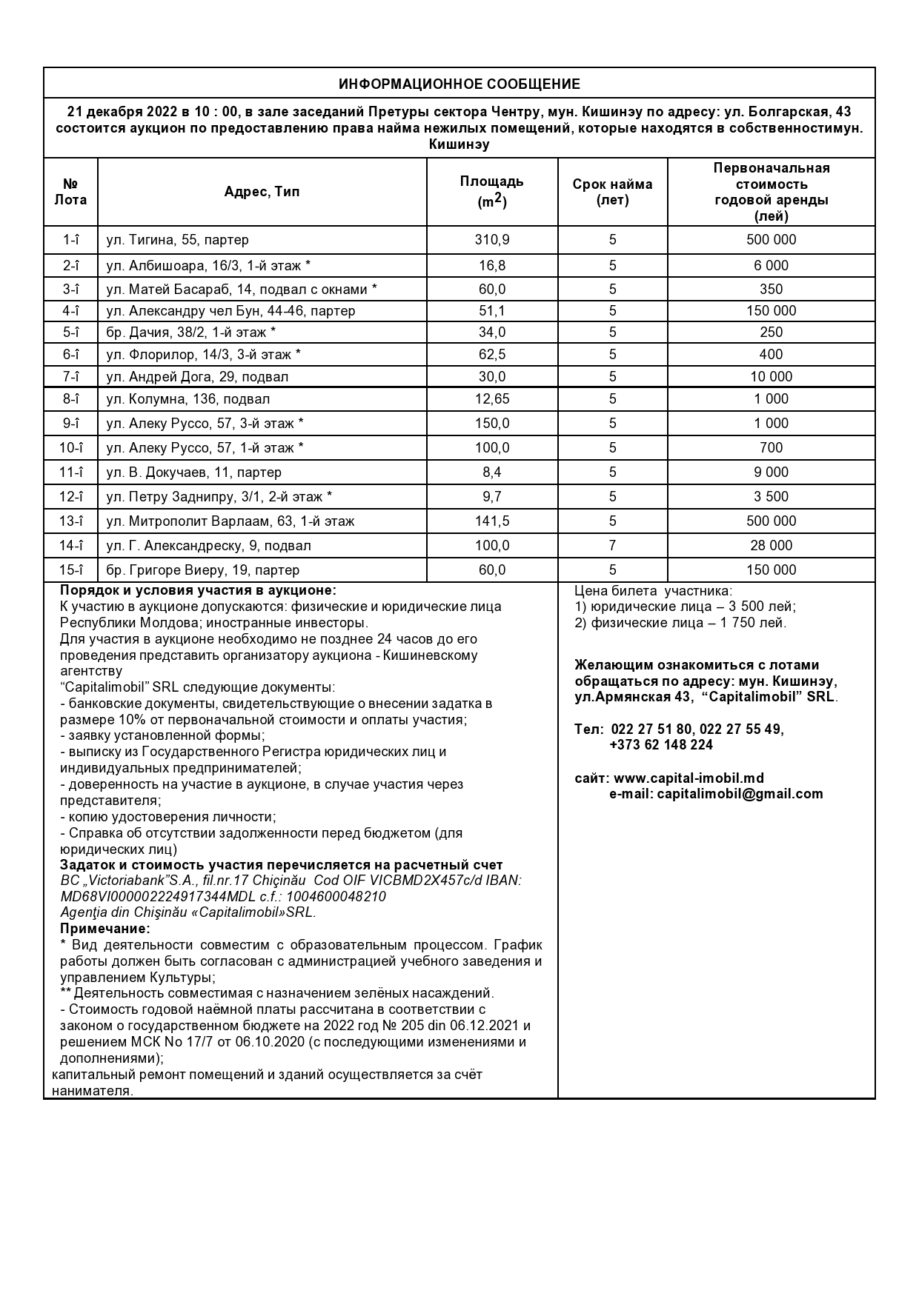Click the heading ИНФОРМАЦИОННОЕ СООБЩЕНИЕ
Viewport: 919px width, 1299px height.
click(x=459, y=84)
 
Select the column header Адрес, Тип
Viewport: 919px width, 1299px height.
click(x=262, y=192)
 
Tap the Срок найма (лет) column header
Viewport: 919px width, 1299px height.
click(x=612, y=192)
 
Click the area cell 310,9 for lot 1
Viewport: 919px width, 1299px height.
click(x=492, y=240)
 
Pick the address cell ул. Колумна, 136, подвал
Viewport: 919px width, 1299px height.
click(x=188, y=399)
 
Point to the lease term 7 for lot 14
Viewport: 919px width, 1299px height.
click(x=612, y=546)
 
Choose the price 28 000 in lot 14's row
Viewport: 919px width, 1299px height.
click(x=771, y=546)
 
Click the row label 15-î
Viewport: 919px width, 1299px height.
click(x=71, y=570)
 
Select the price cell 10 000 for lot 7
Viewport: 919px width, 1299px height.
click(x=771, y=377)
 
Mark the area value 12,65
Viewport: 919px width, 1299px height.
click(x=492, y=399)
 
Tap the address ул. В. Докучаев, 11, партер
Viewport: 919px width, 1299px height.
click(x=194, y=472)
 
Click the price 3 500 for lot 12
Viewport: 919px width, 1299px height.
click(x=771, y=497)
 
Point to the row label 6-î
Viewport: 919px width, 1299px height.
click(x=71, y=355)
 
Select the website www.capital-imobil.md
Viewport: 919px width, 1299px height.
click(x=689, y=778)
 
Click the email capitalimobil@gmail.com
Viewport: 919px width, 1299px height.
click(x=740, y=794)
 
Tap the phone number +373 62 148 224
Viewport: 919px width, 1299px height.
click(x=661, y=745)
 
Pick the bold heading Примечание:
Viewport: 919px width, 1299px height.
click(x=105, y=929)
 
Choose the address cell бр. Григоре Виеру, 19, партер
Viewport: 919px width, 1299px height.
click(x=203, y=570)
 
